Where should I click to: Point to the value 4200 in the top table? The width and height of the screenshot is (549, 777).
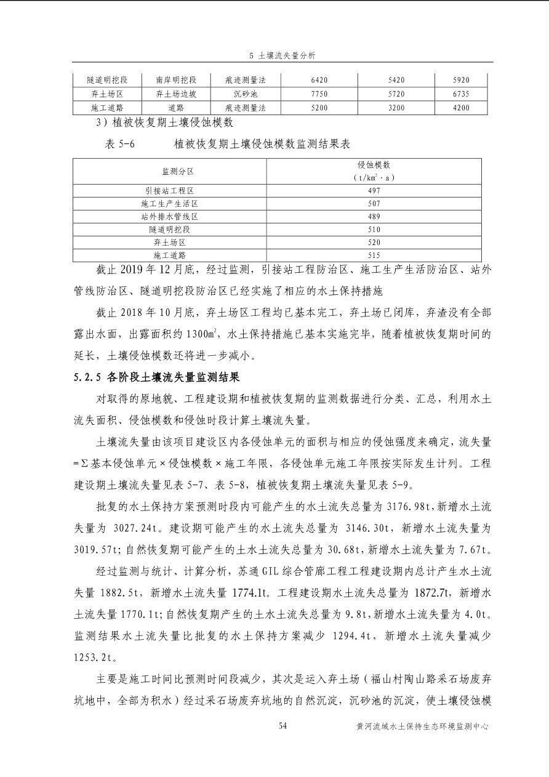[460, 108]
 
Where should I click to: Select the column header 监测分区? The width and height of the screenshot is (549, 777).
[169, 171]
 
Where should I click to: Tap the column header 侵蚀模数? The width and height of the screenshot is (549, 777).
[374, 165]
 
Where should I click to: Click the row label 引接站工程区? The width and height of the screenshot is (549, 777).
[169, 190]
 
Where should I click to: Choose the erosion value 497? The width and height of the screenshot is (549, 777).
[374, 190]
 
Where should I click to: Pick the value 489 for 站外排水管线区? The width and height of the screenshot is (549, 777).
[374, 216]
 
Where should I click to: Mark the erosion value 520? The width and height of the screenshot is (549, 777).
[374, 242]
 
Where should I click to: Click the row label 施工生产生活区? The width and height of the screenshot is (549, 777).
[169, 203]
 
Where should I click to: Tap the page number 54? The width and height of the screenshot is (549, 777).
[283, 726]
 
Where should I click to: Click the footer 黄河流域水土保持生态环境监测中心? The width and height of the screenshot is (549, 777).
[422, 727]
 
